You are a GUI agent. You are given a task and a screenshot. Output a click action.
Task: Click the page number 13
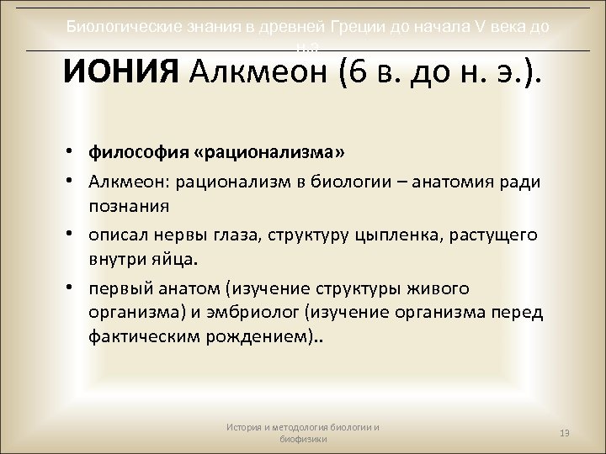pyautogui.click(x=565, y=433)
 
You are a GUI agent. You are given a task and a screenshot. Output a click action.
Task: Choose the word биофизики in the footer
pyautogui.click(x=303, y=439)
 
